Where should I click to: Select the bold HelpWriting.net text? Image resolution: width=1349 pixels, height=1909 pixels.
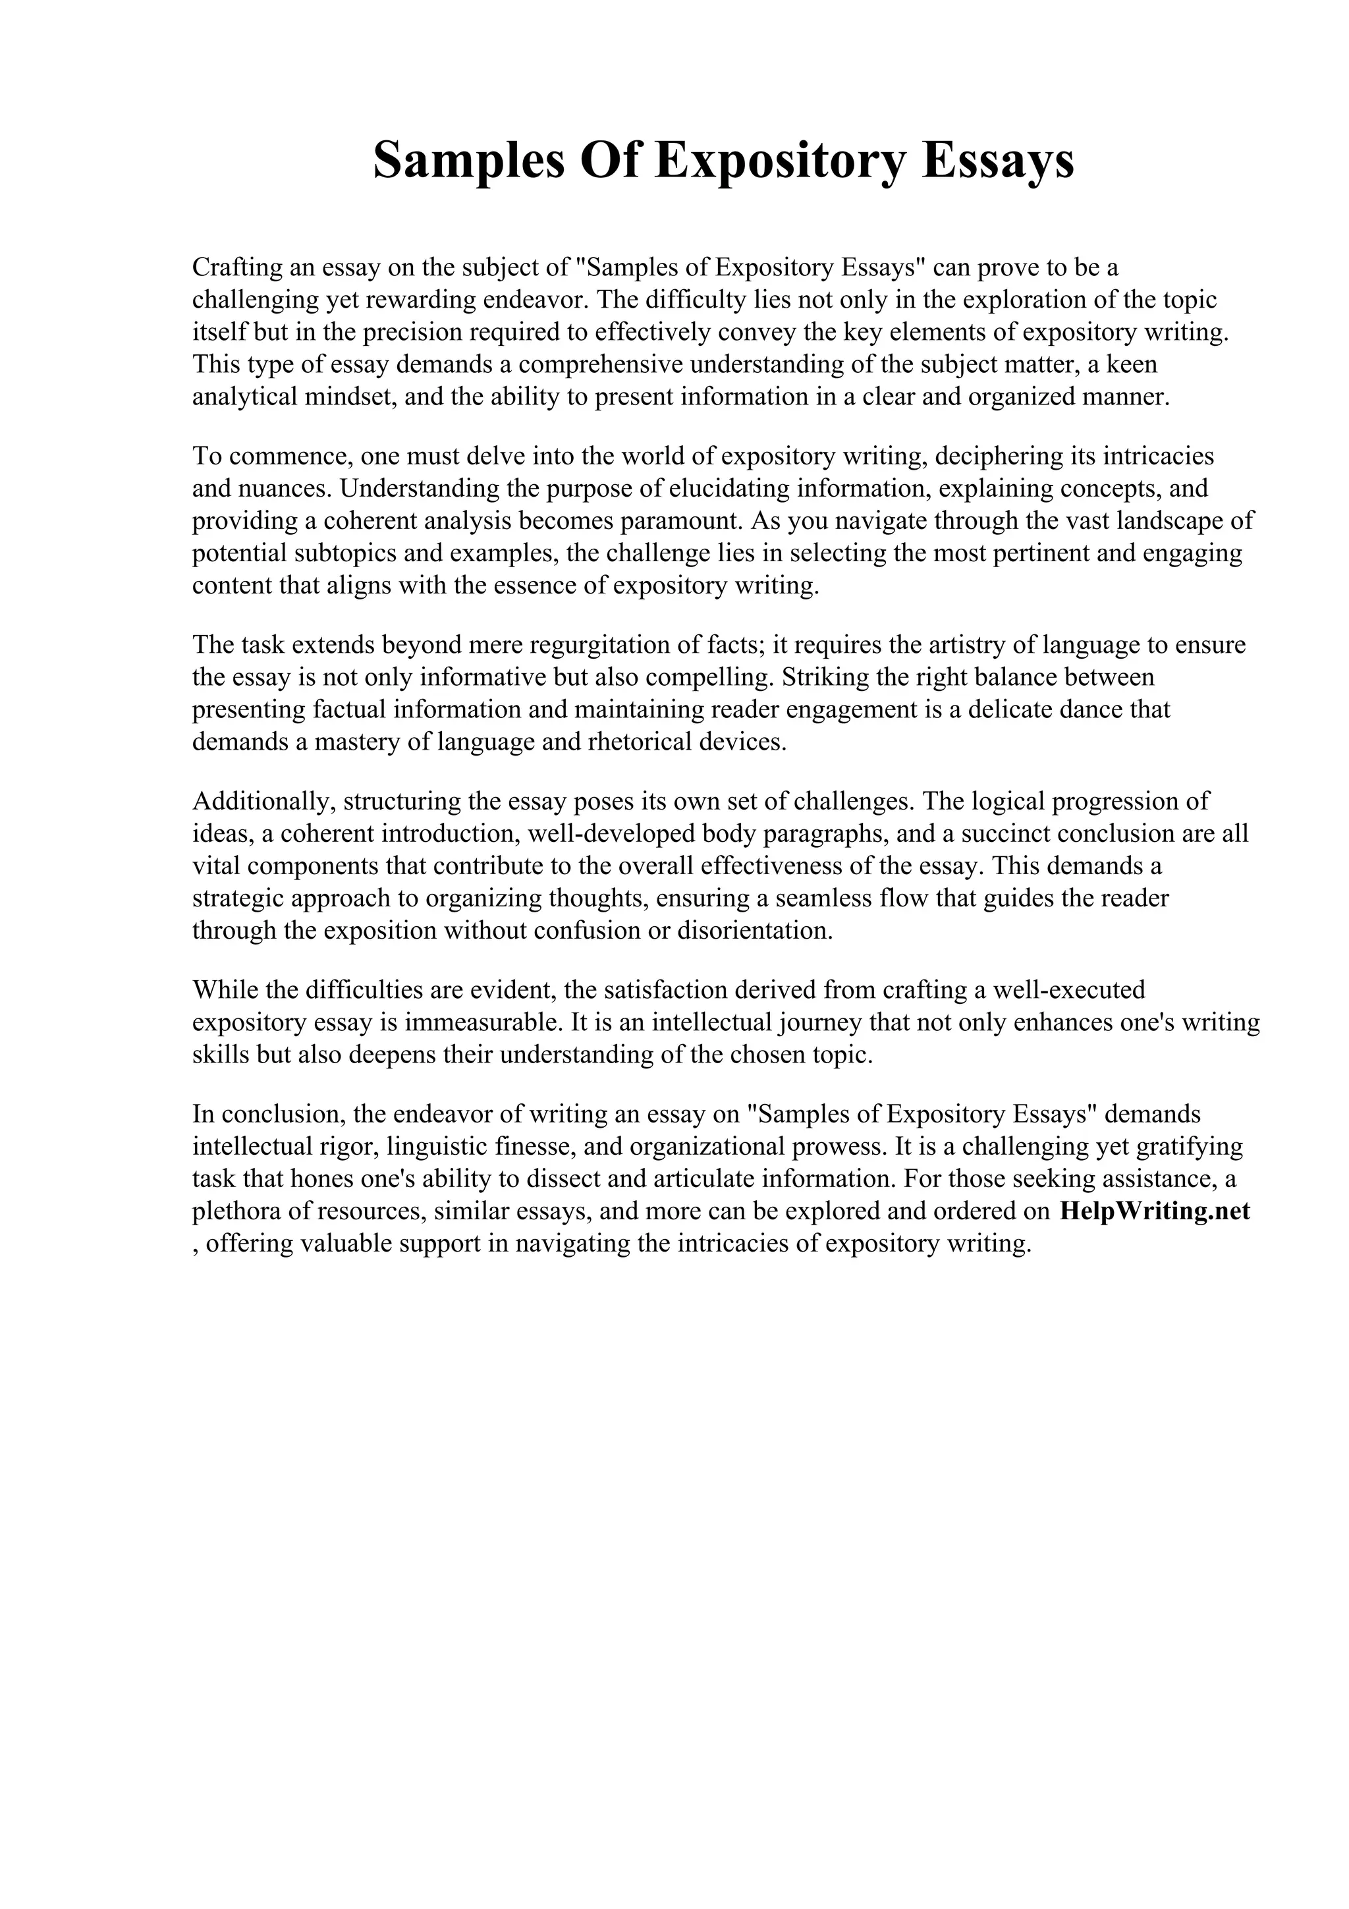pyautogui.click(x=1155, y=1211)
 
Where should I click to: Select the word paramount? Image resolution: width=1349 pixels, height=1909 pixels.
pyautogui.click(x=680, y=521)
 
